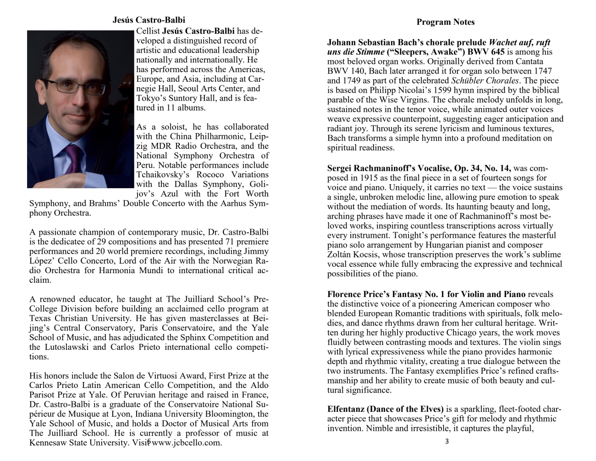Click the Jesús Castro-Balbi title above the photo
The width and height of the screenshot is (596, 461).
149,20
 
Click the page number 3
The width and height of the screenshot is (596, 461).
447,442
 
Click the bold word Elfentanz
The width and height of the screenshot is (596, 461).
346,409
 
